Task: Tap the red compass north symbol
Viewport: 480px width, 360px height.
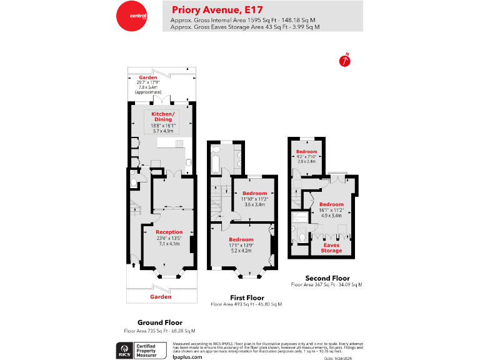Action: (x=343, y=61)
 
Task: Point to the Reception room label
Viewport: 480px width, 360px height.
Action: (x=169, y=232)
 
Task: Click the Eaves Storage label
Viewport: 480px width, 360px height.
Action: (x=332, y=247)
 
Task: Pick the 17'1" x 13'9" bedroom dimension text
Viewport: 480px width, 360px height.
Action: (x=241, y=245)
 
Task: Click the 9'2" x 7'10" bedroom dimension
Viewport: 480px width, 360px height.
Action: (x=306, y=156)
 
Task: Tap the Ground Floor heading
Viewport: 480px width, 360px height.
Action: (x=159, y=322)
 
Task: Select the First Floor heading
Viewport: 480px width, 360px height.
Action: (x=246, y=297)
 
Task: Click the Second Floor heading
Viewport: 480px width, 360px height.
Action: (x=327, y=278)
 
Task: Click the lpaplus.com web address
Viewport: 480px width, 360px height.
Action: (x=187, y=356)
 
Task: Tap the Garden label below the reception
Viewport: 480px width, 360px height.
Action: (x=161, y=297)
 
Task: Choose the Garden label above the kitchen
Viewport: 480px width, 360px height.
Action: (x=148, y=77)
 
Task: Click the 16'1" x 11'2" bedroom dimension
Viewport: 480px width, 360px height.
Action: (x=331, y=210)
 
